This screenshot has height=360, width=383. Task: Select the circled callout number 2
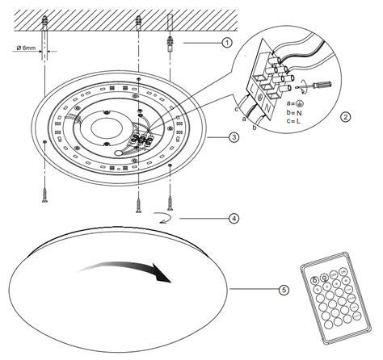(346, 116)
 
